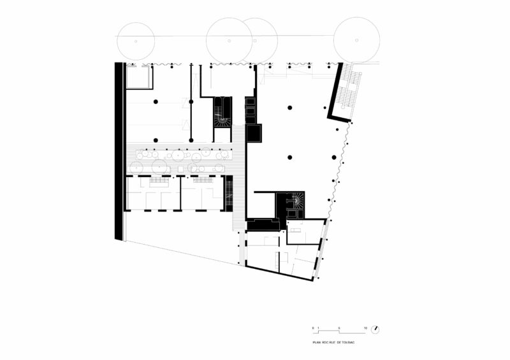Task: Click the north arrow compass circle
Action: (378, 329)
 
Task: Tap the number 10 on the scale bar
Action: (365, 327)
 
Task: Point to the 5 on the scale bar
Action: (339, 327)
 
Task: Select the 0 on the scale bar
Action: (313, 327)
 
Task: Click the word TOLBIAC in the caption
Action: (346, 342)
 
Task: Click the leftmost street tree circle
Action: (135, 40)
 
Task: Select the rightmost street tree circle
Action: (356, 40)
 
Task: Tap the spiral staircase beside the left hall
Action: (222, 112)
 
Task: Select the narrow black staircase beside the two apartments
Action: (229, 192)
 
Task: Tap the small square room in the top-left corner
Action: (138, 78)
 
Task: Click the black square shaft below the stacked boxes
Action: (254, 134)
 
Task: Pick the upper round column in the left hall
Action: (156, 102)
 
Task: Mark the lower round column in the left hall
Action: (156, 140)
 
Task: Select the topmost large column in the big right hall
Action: (289, 107)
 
